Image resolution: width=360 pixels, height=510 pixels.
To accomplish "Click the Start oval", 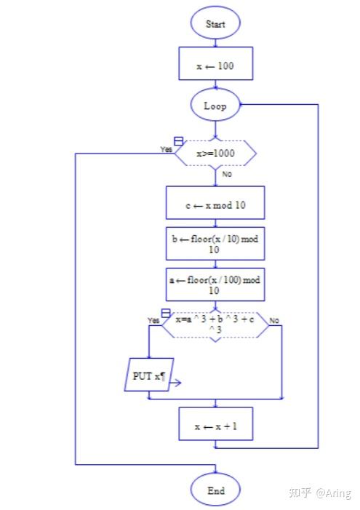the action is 215,23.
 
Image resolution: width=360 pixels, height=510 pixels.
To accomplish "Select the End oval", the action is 215,490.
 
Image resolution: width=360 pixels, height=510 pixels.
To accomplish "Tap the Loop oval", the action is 215,105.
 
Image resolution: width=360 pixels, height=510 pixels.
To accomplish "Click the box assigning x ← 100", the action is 215,63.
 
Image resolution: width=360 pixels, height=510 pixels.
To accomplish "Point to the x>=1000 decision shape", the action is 215,154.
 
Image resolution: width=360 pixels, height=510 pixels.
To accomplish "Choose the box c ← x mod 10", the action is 215,203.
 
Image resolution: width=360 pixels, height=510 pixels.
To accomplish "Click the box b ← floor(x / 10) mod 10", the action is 215,244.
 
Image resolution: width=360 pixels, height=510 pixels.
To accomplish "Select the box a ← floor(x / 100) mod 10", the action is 215,284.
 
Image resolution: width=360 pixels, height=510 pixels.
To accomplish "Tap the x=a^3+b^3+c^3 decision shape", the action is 215,324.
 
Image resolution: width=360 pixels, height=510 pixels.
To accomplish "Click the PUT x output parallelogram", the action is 149,375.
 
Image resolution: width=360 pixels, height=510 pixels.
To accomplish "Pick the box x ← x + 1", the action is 215,424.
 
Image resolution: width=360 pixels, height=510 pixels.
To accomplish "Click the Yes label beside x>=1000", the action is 166,149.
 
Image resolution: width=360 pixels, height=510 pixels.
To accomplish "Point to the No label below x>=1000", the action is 227,174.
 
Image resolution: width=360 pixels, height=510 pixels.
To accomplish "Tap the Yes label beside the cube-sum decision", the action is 153,320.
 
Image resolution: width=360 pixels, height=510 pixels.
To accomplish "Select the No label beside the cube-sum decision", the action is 274,320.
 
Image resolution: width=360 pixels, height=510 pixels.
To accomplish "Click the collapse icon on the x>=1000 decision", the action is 178,141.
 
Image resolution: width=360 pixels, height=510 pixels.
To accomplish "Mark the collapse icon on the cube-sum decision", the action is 166,313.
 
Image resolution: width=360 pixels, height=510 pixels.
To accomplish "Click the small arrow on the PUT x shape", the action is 175,383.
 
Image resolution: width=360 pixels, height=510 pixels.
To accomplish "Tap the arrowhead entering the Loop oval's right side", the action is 242,105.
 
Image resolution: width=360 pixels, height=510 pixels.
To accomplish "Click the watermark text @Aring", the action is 334,493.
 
